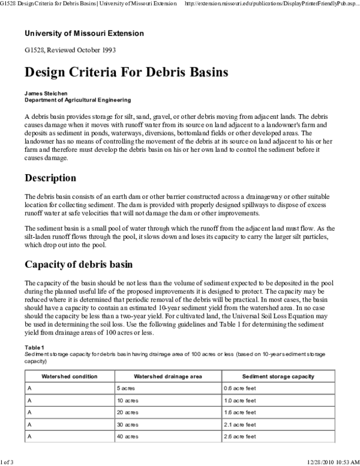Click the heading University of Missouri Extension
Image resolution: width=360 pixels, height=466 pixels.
point(84,33)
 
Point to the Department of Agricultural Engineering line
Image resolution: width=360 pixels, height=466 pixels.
point(77,100)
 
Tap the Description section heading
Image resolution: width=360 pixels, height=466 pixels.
point(50,178)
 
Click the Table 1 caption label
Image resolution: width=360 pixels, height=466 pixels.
point(34,347)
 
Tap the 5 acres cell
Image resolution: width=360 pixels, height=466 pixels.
point(127,389)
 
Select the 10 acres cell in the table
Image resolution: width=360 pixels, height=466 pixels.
point(128,401)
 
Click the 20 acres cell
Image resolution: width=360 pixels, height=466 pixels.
point(128,413)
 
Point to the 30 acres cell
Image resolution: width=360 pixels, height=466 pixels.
point(128,425)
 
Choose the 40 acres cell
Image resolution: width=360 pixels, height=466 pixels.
point(128,437)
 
